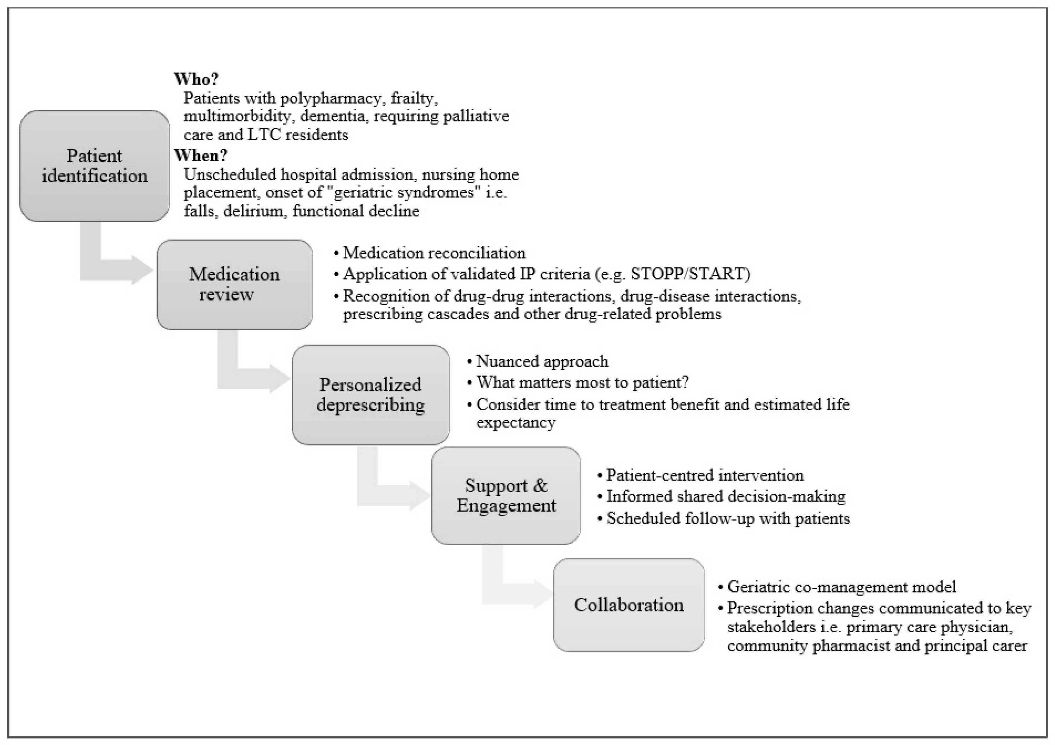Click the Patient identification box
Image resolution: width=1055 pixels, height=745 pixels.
tap(94, 166)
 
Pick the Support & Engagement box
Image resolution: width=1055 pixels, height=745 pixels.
tap(506, 495)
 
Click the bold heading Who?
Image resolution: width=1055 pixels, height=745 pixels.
tap(196, 79)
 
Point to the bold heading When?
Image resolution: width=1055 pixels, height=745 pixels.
tap(200, 156)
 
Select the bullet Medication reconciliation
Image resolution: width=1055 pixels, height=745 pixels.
tap(434, 253)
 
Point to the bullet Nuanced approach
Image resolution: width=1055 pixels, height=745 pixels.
tap(542, 362)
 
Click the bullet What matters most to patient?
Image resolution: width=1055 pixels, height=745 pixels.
tap(582, 382)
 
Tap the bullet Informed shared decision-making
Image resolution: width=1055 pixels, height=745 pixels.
tap(725, 496)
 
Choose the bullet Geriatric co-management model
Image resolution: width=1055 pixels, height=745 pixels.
tap(841, 587)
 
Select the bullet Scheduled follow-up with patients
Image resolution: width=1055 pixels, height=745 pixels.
tap(728, 518)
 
